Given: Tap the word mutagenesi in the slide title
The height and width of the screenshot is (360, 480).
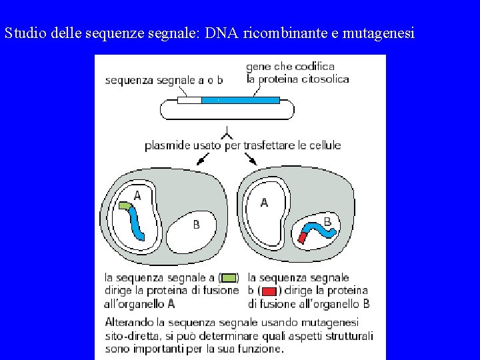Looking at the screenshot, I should point(378,33).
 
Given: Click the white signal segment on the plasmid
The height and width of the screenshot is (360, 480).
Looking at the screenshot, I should point(189,100).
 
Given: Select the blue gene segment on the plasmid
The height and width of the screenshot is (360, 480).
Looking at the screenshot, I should point(240,100).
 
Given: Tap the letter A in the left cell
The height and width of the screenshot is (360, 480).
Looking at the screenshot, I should point(137,195).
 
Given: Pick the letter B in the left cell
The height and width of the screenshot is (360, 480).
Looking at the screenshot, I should point(196,225).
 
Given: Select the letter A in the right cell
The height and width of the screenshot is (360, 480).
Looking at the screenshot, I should point(264,202).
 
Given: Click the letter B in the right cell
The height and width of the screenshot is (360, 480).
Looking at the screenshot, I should point(327,221).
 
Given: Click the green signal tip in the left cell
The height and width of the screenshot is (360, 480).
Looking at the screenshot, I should point(124,206).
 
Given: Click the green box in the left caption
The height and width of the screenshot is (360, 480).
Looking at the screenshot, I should point(228,278).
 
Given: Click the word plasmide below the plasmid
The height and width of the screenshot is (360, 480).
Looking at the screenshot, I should point(167,145).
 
